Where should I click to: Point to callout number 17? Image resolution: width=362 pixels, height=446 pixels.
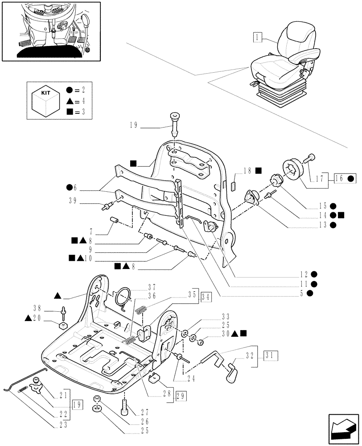coord(318,179)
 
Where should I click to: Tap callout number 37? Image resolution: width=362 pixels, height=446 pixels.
coord(153,286)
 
